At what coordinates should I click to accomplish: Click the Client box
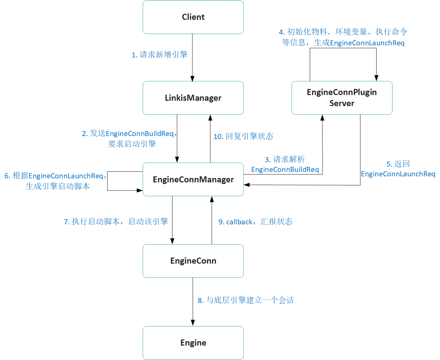pos(193,17)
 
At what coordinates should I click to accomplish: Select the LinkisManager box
pos(193,98)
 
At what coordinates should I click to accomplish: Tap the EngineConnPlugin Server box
pos(342,97)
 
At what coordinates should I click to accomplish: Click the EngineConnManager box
pos(193,179)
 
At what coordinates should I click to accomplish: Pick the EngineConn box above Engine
pos(193,261)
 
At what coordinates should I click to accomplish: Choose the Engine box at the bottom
pos(193,343)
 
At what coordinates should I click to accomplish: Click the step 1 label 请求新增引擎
pos(159,55)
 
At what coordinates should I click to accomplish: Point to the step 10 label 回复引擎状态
pos(243,136)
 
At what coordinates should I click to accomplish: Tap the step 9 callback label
pos(255,222)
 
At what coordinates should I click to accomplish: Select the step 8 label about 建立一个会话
pos(246,300)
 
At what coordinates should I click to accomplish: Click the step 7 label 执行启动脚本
pos(116,222)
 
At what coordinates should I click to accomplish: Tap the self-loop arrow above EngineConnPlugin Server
pos(342,48)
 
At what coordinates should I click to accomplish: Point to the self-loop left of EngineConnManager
pos(108,181)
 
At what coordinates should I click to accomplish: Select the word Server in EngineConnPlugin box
pos(342,103)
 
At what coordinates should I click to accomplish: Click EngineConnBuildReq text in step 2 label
pos(140,134)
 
